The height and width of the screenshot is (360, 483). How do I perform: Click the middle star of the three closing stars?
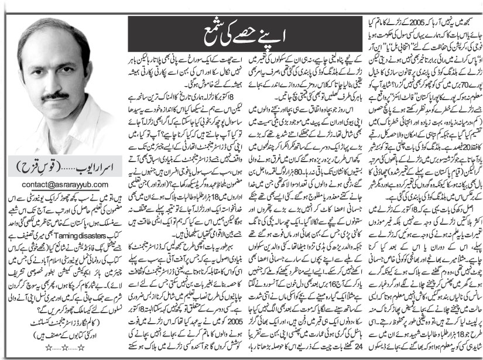(64, 347)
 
